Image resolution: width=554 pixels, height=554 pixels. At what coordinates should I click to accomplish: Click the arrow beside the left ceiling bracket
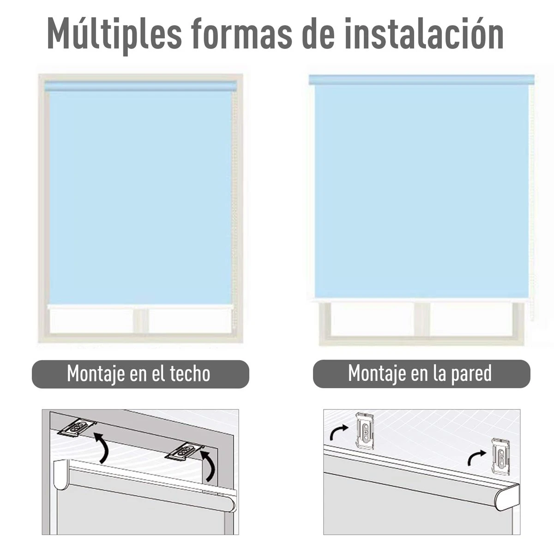click(x=102, y=446)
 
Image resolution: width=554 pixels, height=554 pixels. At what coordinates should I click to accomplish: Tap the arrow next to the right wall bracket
click(x=476, y=459)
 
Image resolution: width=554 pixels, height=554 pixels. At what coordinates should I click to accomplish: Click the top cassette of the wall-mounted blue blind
click(x=422, y=79)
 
